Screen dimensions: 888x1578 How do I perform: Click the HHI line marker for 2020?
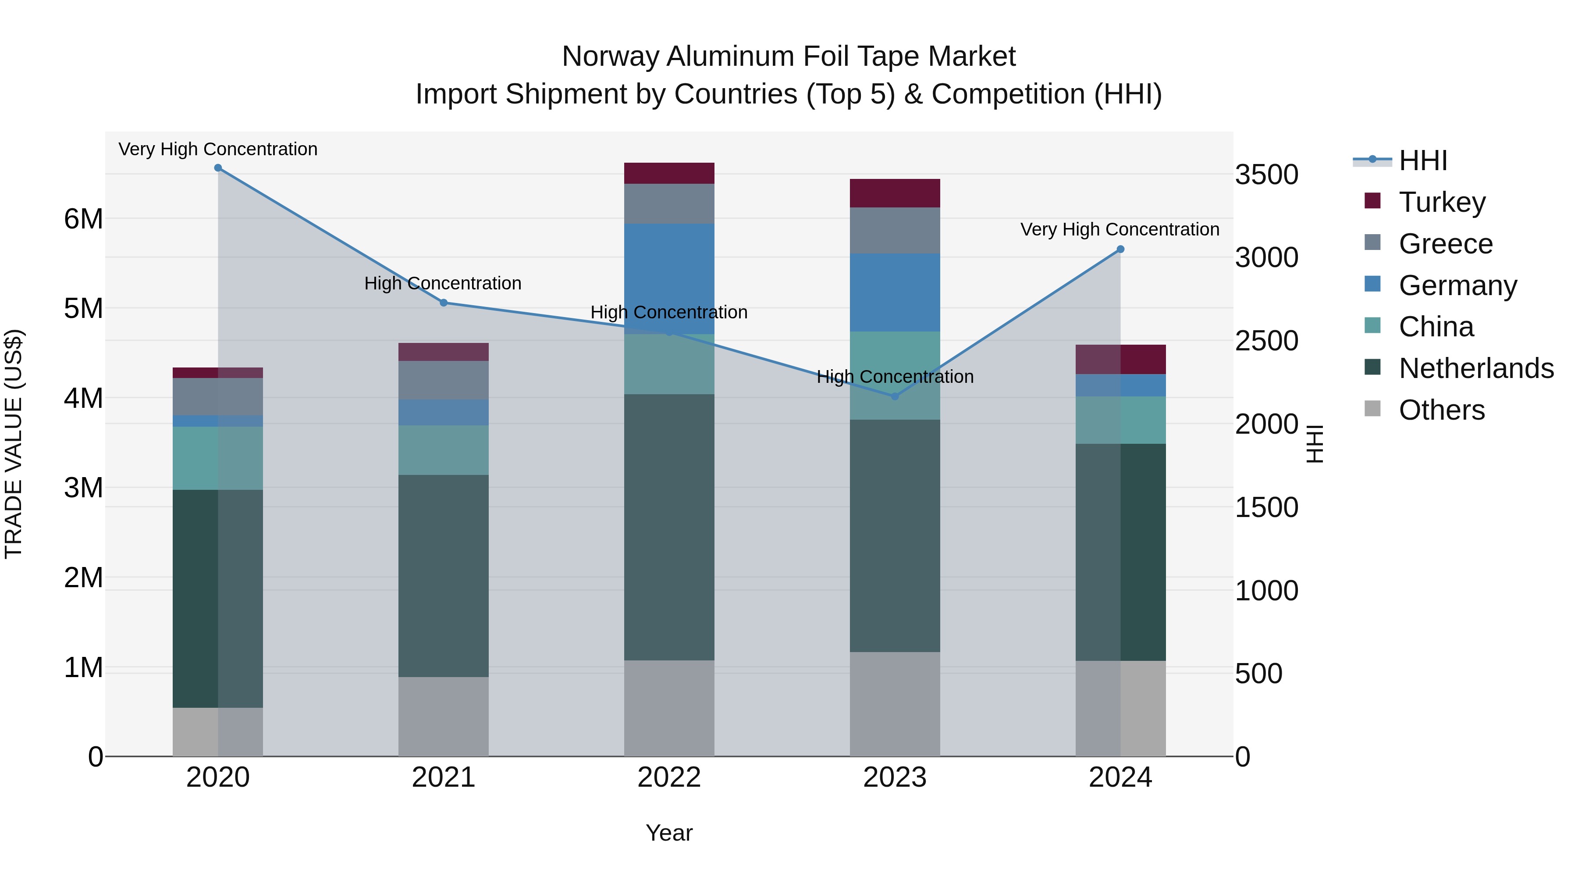tap(218, 168)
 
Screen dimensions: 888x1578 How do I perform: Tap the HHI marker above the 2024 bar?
tap(1120, 250)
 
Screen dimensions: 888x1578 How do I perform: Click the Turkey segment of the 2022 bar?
tap(669, 173)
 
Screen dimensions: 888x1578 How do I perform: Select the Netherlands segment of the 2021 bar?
tap(444, 576)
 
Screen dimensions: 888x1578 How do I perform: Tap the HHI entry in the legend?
tap(1422, 160)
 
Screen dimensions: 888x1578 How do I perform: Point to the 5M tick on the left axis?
tap(83, 308)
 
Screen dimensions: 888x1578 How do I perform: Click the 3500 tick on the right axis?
tap(1266, 175)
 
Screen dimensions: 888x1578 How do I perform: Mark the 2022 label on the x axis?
tap(669, 777)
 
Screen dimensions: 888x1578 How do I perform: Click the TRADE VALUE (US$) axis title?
tap(14, 444)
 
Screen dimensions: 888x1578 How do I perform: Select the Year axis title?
tap(669, 833)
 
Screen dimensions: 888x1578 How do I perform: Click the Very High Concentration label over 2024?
tap(1119, 229)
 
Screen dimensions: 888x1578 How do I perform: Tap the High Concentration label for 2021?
tap(442, 283)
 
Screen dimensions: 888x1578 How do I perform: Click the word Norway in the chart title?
tap(610, 57)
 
